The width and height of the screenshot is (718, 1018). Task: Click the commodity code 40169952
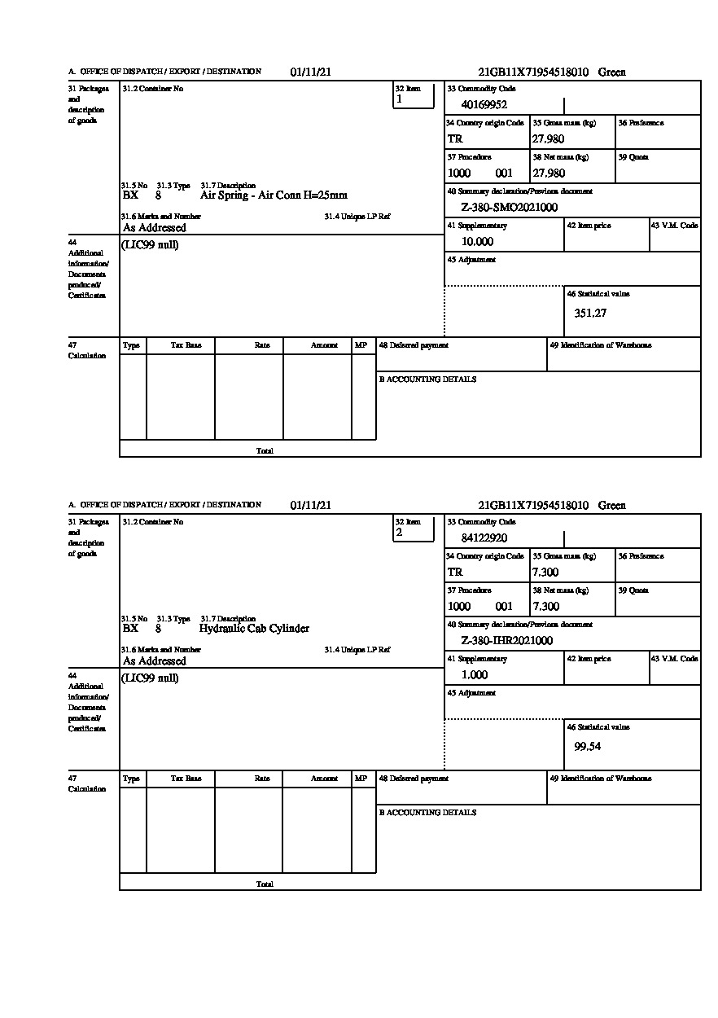click(484, 104)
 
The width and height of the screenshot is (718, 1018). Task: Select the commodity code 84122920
click(484, 538)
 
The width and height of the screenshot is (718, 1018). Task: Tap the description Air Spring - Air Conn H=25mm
click(274, 195)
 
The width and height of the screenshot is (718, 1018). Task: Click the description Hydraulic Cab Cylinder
click(254, 629)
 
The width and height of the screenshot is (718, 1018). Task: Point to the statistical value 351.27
click(590, 313)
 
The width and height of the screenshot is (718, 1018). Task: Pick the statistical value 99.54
click(587, 746)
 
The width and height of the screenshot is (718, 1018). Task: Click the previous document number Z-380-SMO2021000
click(509, 208)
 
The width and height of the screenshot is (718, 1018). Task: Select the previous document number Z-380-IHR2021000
click(506, 641)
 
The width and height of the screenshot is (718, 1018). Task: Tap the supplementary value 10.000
click(477, 242)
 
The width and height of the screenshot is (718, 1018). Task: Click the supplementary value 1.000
click(475, 675)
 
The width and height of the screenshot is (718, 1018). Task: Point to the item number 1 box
click(414, 95)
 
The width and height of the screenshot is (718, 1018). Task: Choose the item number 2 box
click(414, 529)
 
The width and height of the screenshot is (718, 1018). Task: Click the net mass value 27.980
click(549, 173)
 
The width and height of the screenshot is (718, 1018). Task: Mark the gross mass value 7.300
click(545, 573)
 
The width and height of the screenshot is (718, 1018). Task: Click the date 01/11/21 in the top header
click(310, 72)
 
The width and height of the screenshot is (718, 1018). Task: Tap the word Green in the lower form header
click(612, 506)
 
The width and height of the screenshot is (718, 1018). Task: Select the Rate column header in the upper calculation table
click(261, 345)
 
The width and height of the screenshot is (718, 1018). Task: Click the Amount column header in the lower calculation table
click(324, 779)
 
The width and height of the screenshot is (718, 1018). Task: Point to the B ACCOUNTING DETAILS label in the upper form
click(427, 380)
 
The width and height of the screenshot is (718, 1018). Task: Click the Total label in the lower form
click(265, 884)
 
